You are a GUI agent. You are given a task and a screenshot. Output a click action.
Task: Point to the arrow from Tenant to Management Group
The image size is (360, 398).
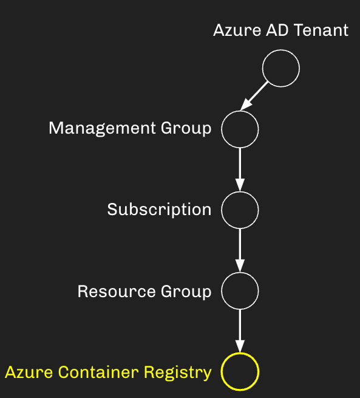coord(254,95)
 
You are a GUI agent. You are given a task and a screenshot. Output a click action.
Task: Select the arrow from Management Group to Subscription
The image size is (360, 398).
coord(240,170)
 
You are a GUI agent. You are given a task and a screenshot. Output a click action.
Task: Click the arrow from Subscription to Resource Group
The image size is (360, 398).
coord(240,250)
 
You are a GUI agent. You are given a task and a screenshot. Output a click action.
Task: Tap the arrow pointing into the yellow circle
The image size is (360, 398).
coord(240,331)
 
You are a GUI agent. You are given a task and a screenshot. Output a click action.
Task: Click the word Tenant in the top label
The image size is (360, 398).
coord(321,30)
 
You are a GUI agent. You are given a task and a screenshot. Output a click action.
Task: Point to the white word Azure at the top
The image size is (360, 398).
coord(237,30)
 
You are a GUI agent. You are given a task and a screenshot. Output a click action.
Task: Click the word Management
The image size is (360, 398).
coord(102,128)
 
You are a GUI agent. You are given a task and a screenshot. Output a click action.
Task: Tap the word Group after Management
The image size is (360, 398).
coord(186,128)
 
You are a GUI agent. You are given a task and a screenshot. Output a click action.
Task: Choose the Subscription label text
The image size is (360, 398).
coord(159,210)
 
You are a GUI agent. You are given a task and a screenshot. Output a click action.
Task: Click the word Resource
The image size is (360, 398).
coord(117,291)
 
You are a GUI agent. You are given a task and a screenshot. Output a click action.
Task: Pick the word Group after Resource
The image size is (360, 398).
coord(186,292)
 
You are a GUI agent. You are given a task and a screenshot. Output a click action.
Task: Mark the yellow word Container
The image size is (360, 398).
coord(98,372)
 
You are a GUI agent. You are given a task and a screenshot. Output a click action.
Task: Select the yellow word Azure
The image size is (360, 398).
coord(29,372)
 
